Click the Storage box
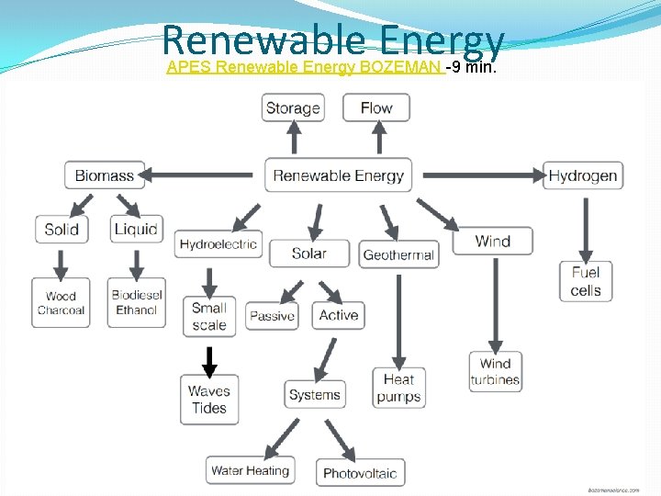293,108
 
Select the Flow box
376,108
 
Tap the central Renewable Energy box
339,175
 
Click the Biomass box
105,175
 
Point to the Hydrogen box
584,175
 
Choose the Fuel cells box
586,281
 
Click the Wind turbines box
495,371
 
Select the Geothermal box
398,254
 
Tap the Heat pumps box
398,388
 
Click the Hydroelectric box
218,243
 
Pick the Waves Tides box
209,400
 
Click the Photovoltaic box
360,473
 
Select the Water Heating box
250,470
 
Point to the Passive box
273,316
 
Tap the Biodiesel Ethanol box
137,302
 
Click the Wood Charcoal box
61,302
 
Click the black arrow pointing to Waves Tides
209,360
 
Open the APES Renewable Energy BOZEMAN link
304,67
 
